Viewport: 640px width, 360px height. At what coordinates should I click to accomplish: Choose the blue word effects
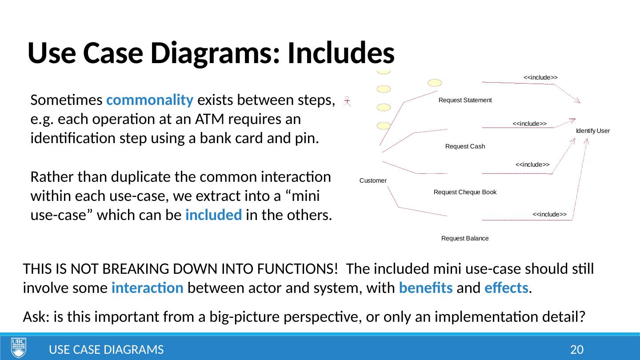click(509, 288)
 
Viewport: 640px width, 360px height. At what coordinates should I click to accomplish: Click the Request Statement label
click(465, 100)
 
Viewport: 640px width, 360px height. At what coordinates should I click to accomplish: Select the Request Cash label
click(465, 146)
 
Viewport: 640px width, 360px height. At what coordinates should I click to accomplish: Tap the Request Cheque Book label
click(464, 192)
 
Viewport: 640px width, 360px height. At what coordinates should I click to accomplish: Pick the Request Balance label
click(465, 239)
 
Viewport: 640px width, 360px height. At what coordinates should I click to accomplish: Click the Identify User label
click(592, 131)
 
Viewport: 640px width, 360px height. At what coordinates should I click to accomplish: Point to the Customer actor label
click(373, 180)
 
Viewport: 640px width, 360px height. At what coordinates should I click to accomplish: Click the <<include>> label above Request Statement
click(540, 77)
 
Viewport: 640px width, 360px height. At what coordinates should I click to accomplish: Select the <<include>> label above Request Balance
click(549, 214)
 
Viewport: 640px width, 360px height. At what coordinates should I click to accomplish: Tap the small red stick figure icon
click(348, 101)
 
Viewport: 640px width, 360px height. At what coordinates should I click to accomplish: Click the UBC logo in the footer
click(19, 348)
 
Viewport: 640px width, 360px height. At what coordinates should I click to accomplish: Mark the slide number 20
click(576, 350)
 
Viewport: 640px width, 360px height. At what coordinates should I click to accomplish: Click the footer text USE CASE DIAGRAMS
click(106, 350)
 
